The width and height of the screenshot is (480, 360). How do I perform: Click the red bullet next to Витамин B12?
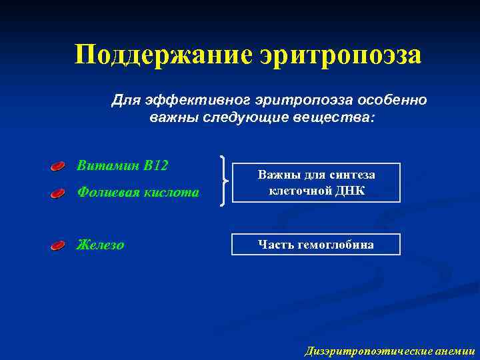point(59,166)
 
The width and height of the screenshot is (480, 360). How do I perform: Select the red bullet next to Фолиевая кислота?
point(59,194)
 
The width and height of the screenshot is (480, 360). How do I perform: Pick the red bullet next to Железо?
point(59,246)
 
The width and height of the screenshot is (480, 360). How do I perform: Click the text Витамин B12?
point(122,165)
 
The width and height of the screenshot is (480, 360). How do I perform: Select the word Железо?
point(101,245)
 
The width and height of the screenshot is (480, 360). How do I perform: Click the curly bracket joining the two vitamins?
point(224,181)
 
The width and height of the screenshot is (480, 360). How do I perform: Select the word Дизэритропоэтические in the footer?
point(363,351)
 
